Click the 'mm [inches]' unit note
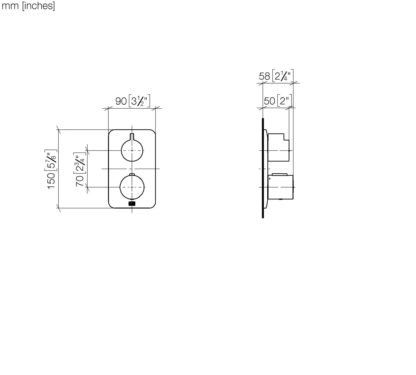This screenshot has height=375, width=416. pyautogui.click(x=28, y=6)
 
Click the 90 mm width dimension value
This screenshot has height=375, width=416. pyautogui.click(x=121, y=101)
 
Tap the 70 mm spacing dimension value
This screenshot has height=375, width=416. pyautogui.click(x=80, y=181)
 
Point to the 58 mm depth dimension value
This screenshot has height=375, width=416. pyautogui.click(x=264, y=76)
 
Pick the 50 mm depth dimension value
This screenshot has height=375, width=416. pyautogui.click(x=269, y=101)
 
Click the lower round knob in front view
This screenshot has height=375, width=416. pyautogui.click(x=132, y=187)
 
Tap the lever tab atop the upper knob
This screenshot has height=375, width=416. pyautogui.click(x=132, y=136)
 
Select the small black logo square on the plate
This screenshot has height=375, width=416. pyautogui.click(x=132, y=204)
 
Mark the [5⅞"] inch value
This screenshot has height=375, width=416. pyautogui.click(x=52, y=159)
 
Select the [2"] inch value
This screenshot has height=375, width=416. pyautogui.click(x=285, y=101)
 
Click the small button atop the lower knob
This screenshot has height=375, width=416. pyautogui.click(x=132, y=175)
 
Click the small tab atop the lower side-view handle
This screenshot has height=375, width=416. pyautogui.click(x=280, y=174)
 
